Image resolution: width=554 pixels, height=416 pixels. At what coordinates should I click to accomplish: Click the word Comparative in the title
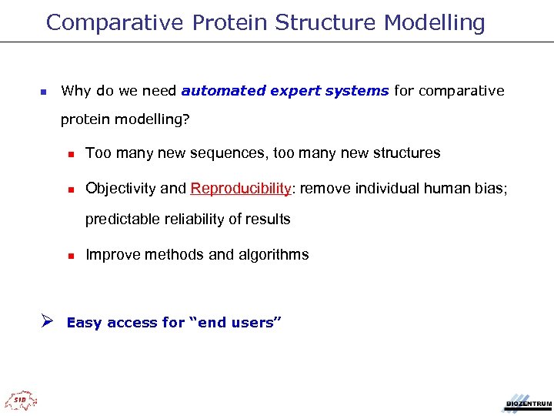pyautogui.click(x=115, y=23)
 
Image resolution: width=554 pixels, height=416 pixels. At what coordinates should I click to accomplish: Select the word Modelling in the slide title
pyautogui.click(x=435, y=23)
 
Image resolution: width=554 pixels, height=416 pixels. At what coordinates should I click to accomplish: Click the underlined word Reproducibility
pyautogui.click(x=242, y=189)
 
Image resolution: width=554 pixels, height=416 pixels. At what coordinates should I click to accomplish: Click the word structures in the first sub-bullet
pyautogui.click(x=405, y=153)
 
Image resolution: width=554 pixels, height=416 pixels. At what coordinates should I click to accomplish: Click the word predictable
pyautogui.click(x=120, y=220)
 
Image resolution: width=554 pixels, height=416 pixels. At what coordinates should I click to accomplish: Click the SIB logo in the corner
pyautogui.click(x=21, y=400)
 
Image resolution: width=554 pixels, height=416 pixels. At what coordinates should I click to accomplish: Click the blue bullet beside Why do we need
pyautogui.click(x=43, y=92)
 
